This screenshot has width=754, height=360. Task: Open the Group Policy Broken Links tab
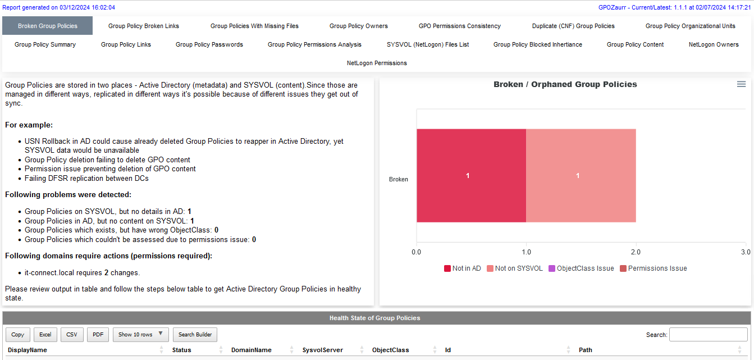[144, 26]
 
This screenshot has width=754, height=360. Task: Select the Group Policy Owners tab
[358, 26]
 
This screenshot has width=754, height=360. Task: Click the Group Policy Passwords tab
[209, 44]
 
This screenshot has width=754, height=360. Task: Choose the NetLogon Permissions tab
[377, 63]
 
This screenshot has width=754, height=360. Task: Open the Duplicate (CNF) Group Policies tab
[573, 26]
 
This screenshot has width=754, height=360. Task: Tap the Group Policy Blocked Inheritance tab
[537, 44]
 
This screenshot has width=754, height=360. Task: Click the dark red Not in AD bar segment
[471, 176]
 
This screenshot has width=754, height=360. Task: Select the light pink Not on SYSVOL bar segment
[581, 176]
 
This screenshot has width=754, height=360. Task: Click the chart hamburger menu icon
[741, 84]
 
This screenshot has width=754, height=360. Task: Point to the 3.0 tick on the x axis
[745, 252]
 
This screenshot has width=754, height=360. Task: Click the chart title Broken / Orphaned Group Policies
[565, 84]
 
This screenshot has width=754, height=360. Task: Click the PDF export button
[98, 335]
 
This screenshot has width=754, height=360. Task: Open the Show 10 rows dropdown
[140, 335]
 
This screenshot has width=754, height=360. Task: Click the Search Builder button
[195, 335]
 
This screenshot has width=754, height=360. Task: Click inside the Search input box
[708, 335]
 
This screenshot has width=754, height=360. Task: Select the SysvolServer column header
[322, 350]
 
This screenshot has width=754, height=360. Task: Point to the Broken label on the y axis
[398, 180]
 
